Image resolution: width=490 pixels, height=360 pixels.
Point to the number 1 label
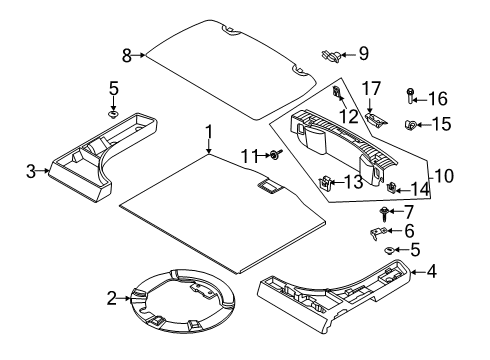209,131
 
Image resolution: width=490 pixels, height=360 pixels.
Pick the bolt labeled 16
411,96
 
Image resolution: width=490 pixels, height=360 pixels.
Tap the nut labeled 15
411,125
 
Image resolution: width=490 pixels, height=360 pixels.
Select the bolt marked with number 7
384,212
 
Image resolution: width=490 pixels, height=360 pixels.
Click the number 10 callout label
441,175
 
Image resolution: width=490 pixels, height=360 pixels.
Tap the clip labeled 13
327,183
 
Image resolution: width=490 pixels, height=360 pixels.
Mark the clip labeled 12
338,97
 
